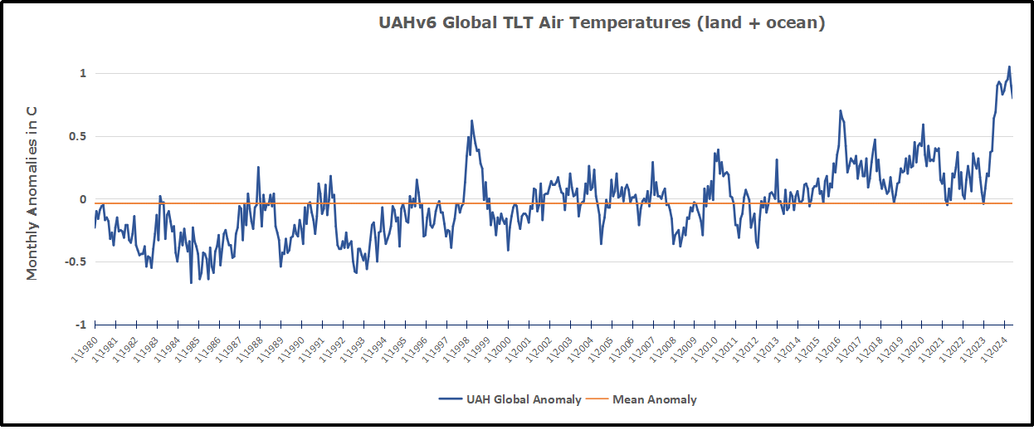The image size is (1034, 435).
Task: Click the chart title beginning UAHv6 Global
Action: click(x=602, y=23)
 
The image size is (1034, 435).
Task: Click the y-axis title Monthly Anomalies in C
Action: click(x=32, y=192)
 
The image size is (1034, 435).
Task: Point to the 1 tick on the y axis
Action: click(x=83, y=74)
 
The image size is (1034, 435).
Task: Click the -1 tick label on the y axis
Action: click(x=80, y=325)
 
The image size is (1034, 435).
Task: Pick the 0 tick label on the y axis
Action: click(x=83, y=200)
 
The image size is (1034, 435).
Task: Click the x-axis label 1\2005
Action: click(x=593, y=349)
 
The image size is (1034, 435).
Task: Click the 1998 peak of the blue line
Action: click(x=471, y=120)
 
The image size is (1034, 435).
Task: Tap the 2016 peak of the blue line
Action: click(x=840, y=110)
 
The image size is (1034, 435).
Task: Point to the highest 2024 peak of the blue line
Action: click(x=1009, y=66)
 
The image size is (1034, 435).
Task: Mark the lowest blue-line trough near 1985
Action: click(x=191, y=283)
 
